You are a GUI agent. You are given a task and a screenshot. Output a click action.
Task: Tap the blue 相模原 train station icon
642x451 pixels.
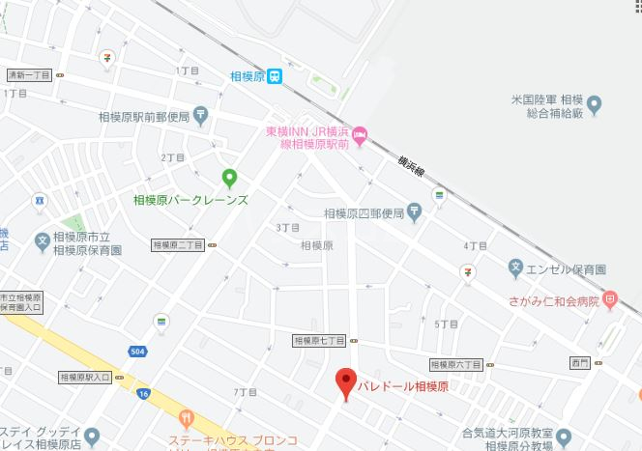276,75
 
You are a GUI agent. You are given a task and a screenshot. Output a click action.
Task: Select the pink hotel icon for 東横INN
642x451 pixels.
360,134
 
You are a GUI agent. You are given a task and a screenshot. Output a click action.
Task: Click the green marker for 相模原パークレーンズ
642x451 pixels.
230,177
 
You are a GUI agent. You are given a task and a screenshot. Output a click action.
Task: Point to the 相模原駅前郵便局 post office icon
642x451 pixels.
200,115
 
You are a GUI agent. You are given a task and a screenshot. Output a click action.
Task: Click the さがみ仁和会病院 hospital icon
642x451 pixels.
609,300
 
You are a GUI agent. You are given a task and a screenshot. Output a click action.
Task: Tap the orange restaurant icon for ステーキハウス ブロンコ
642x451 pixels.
187,417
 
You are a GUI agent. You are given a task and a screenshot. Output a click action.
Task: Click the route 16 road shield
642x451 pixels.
144,394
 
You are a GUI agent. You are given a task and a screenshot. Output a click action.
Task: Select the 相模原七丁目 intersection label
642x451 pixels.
320,341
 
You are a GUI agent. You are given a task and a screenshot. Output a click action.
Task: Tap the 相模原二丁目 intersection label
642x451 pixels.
177,245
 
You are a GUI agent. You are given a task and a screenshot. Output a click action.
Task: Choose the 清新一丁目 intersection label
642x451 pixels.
27,74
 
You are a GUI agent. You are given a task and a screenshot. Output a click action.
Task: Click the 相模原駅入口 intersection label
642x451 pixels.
85,377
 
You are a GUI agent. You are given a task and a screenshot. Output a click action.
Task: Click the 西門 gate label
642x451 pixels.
579,364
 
